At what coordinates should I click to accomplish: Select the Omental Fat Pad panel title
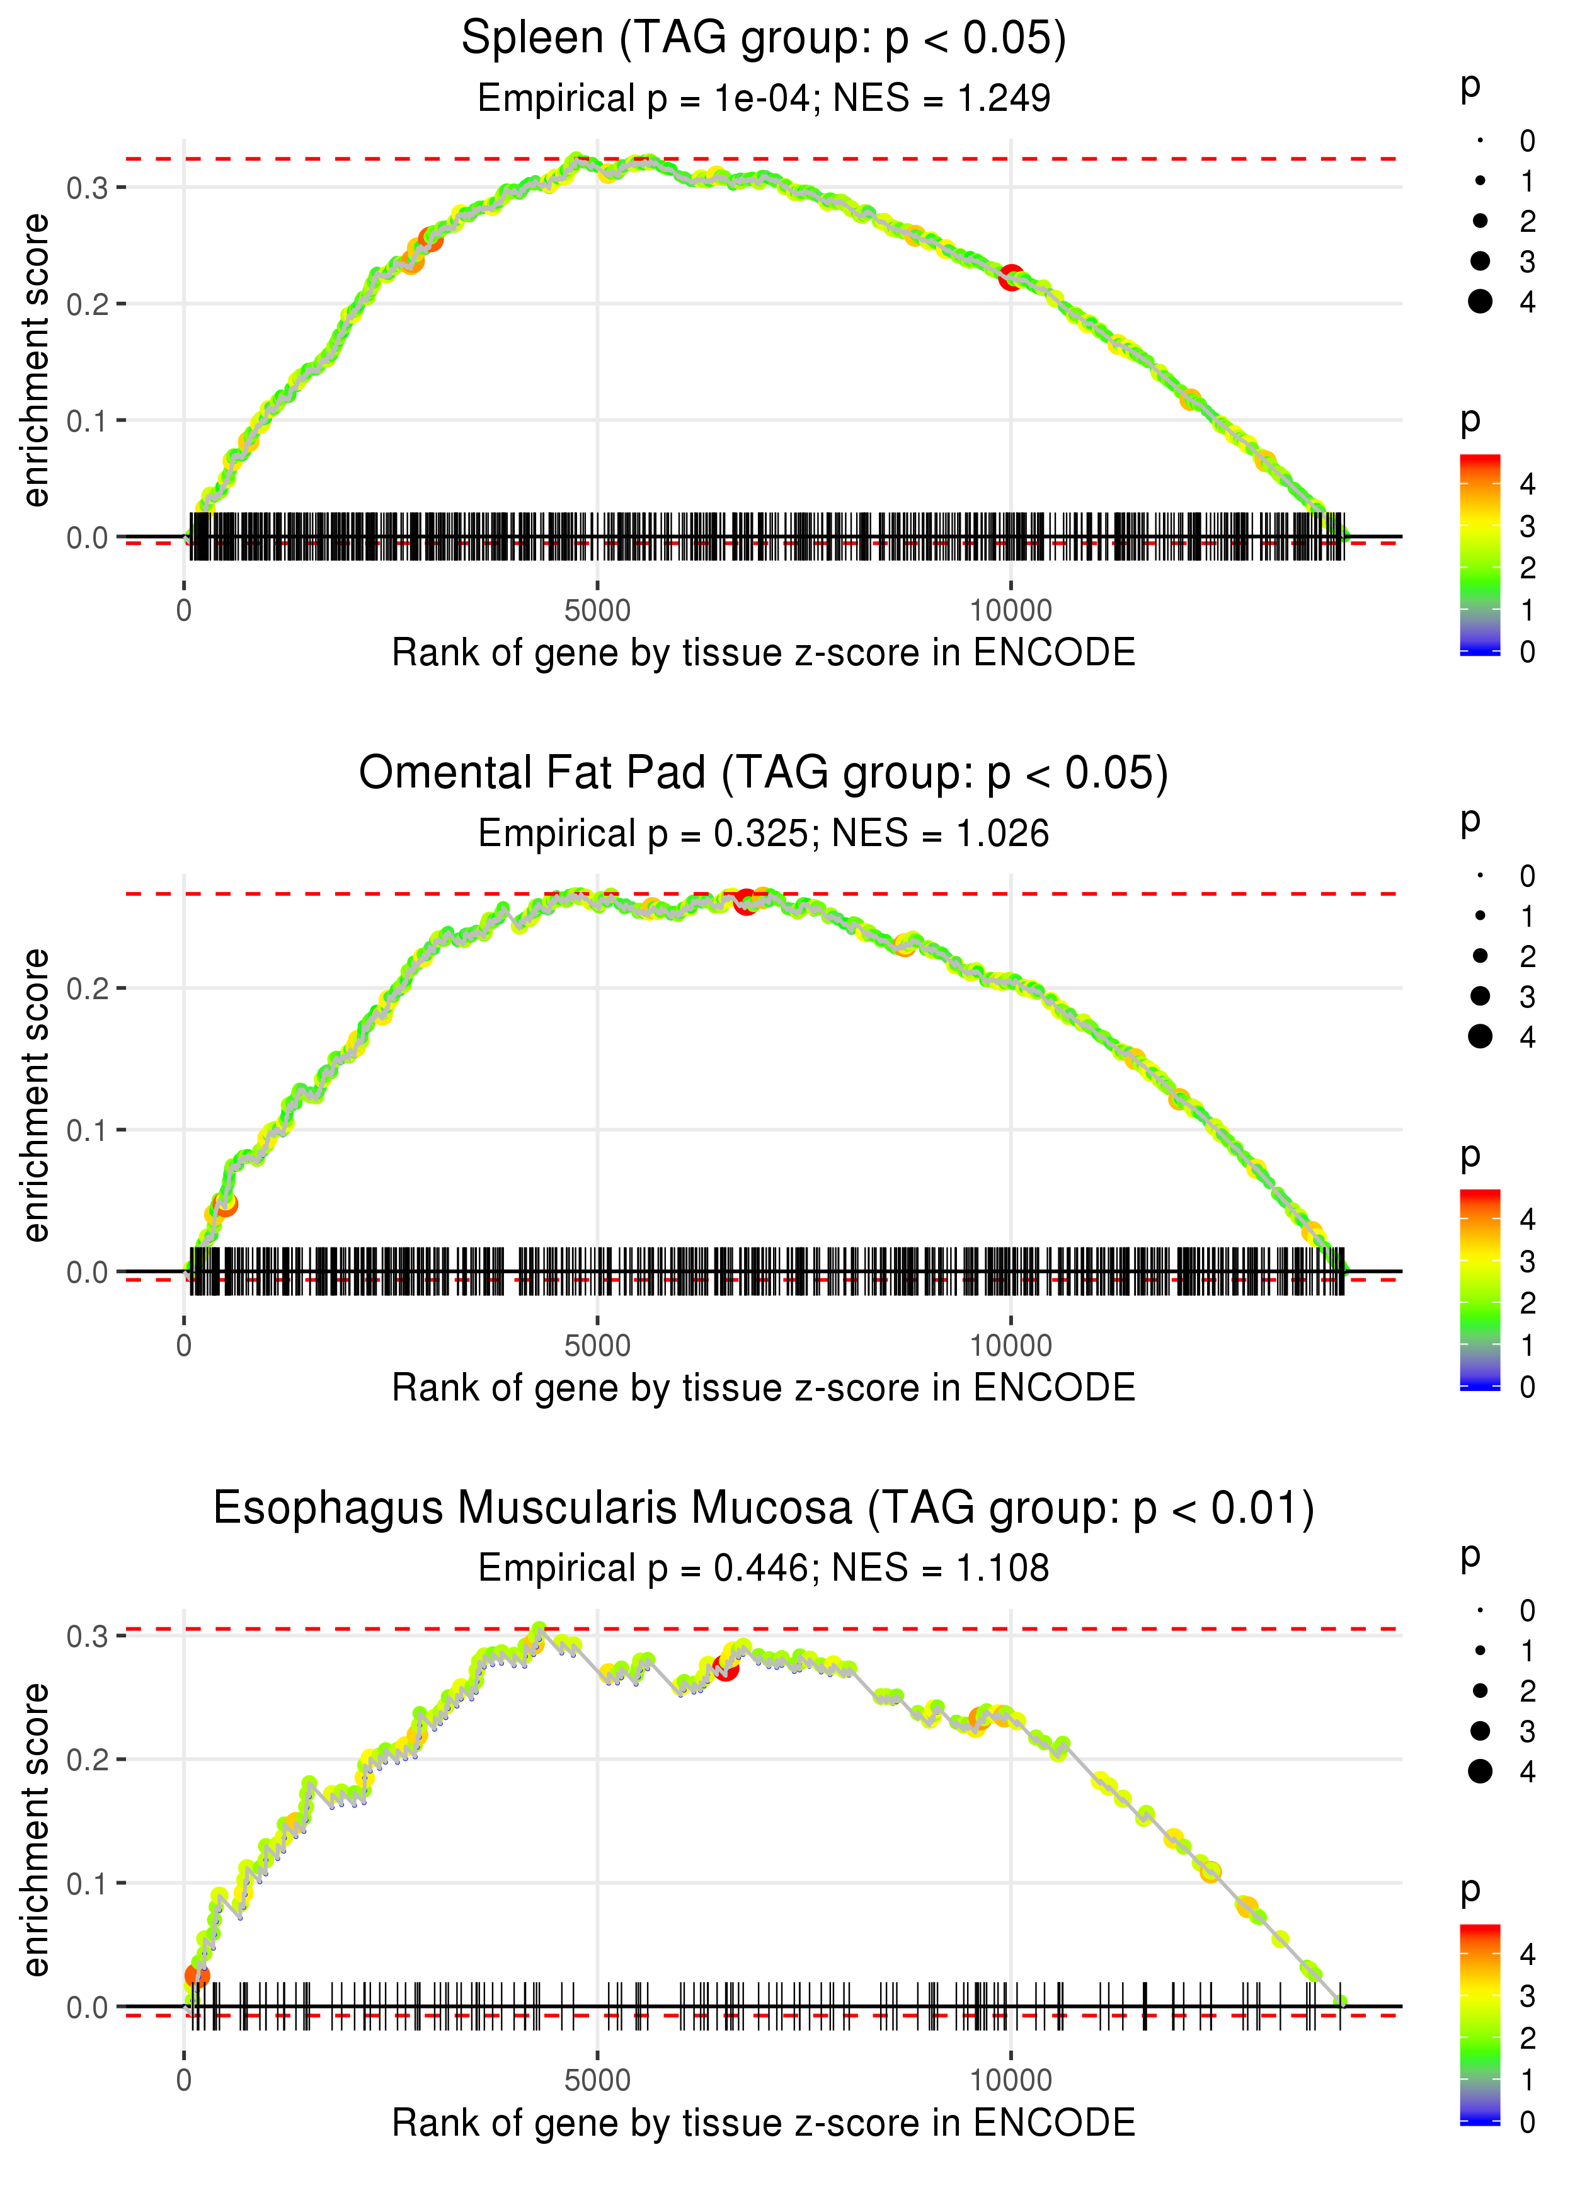[764, 774]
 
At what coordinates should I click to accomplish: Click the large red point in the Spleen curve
[1011, 277]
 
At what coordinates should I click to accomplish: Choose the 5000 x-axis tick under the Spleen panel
[597, 611]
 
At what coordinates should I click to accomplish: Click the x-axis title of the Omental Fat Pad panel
[764, 1388]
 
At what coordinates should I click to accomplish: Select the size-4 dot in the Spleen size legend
[1480, 302]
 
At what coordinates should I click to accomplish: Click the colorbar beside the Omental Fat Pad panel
[1479, 1289]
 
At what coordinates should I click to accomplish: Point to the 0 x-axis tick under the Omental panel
[184, 1346]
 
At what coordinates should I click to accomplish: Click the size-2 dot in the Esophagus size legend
[1480, 1691]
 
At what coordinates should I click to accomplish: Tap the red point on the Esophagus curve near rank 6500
[725, 1668]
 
